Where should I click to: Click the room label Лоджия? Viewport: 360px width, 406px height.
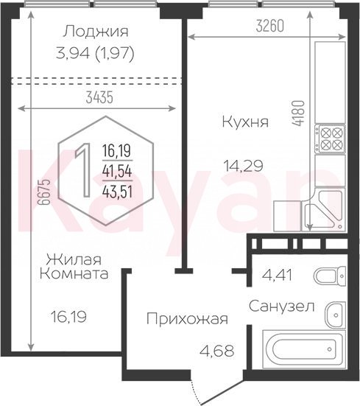96,32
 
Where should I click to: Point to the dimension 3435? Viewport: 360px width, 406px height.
99,98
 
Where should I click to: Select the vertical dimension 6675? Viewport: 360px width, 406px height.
43,192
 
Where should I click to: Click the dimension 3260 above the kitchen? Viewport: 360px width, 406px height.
270,26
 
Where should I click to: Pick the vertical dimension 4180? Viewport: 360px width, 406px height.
298,113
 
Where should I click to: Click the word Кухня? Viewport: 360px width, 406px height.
245,122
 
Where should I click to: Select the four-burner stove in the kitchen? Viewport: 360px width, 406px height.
331,138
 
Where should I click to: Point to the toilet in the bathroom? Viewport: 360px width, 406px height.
330,276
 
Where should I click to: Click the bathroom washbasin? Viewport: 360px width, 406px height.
336,315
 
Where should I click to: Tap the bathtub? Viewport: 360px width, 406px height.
304,349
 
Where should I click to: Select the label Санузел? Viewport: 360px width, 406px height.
282,307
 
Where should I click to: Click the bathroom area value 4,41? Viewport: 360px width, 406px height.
277,275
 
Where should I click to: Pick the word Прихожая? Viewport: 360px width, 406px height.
187,319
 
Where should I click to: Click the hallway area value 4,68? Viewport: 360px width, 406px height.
216,351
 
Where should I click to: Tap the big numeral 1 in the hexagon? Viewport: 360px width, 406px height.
83,170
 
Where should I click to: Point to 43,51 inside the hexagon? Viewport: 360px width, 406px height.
117,192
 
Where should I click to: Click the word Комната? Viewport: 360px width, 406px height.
74,274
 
